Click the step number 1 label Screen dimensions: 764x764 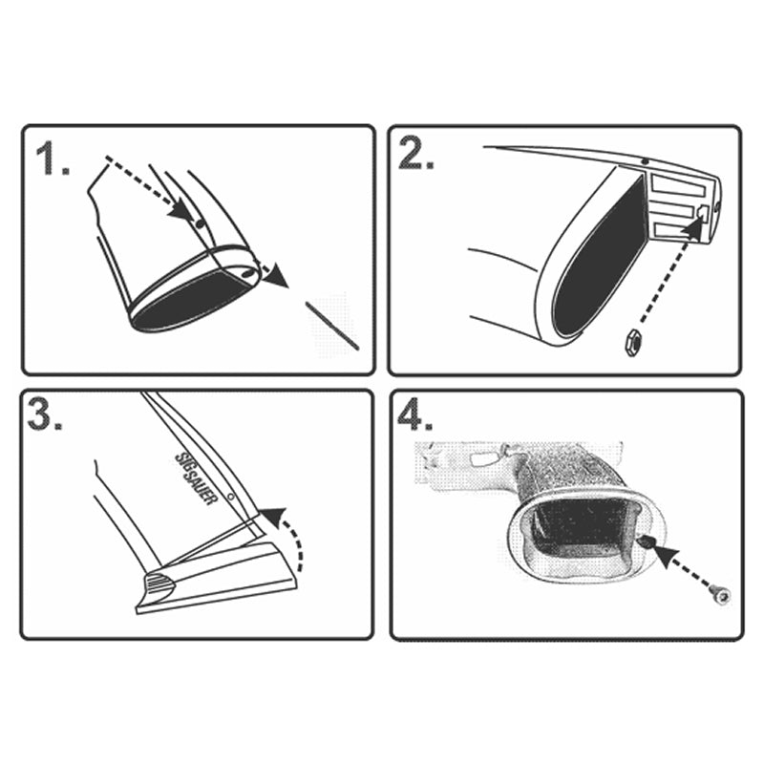[53, 158]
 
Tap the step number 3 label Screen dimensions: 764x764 [45, 414]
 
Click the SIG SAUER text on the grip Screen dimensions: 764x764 [195, 479]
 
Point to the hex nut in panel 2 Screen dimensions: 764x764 [633, 342]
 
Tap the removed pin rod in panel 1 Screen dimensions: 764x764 [332, 325]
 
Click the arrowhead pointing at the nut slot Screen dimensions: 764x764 [694, 226]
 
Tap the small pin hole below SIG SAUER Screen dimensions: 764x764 [231, 497]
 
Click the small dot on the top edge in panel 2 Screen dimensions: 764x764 [645, 161]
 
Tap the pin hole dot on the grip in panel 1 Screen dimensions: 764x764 [199, 224]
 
